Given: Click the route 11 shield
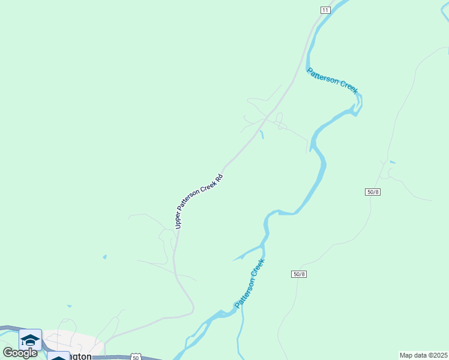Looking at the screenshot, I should point(325,10).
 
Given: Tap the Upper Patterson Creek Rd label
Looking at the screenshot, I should point(199,201).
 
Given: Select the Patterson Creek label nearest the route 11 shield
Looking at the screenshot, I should point(332,80).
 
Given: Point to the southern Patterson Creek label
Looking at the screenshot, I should point(250,284).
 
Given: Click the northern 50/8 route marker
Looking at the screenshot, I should point(373,191).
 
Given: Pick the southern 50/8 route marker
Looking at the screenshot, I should point(299,274).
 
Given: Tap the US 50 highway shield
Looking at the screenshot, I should point(136,356).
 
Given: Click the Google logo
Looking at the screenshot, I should point(20,352).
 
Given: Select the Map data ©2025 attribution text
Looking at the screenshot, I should point(423,355).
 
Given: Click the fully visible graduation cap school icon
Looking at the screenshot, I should point(30,340).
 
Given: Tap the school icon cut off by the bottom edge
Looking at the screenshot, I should point(58,356).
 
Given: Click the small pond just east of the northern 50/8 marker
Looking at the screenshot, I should point(392,162).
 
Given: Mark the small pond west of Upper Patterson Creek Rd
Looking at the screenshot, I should point(105,257).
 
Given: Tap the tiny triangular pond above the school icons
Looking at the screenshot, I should point(69,307).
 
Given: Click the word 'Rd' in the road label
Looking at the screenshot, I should point(220,178).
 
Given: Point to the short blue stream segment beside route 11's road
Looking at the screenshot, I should point(262,134).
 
